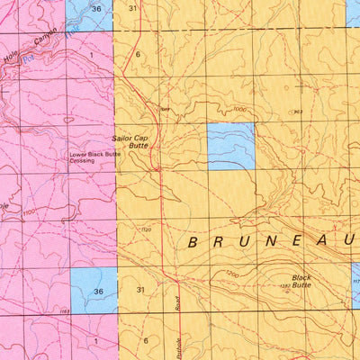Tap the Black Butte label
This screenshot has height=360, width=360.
tap(301, 281)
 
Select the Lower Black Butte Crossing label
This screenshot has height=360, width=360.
tap(95, 157)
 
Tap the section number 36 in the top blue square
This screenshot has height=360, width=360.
tap(96, 8)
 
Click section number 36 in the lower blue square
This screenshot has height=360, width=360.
tap(99, 291)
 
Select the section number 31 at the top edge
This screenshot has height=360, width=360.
tap(132, 8)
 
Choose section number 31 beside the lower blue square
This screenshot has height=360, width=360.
tap(140, 290)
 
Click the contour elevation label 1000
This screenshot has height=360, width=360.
tap(238, 109)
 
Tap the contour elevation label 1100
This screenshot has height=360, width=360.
tap(31, 211)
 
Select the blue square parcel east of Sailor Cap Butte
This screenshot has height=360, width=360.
tap(231, 147)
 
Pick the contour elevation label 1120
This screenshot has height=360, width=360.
tap(148, 230)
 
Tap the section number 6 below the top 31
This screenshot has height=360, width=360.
tap(138, 54)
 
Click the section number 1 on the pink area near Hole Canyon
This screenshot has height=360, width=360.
tap(91, 55)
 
